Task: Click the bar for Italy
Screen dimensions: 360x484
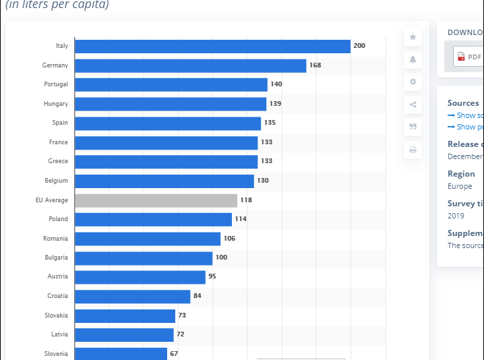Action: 212,46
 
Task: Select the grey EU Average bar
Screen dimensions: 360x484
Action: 156,200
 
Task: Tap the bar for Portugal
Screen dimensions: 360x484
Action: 171,84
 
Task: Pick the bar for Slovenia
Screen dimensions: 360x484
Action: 121,353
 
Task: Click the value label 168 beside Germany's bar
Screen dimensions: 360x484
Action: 315,65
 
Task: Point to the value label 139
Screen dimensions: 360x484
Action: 275,104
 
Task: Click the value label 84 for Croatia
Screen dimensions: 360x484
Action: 198,296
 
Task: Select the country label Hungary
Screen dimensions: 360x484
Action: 57,104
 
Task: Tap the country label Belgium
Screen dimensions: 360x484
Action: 57,181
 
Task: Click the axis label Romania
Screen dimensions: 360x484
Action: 56,238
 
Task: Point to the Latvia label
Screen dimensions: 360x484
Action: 59,334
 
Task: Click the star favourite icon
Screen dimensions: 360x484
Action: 413,38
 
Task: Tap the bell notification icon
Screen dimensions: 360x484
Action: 413,59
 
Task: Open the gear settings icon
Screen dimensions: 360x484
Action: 413,82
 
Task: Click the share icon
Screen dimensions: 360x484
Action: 413,104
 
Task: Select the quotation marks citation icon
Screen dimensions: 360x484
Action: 413,127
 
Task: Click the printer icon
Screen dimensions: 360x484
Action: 413,150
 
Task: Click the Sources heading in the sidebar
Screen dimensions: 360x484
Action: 463,103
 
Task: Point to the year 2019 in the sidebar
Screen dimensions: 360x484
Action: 456,216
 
